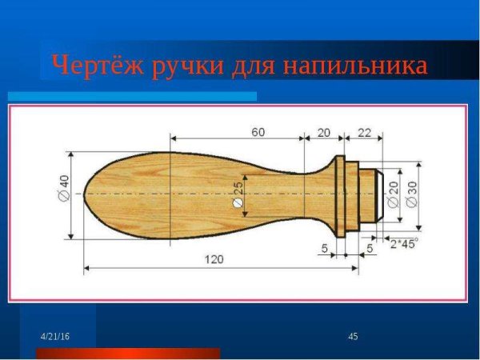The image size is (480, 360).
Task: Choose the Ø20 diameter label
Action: pos(393,194)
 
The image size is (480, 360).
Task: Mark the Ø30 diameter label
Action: pos(412,194)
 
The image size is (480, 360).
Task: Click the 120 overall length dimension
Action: pos(214,258)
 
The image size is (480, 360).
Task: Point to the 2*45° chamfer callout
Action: pos(404,242)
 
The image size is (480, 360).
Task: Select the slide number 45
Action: pos(353,334)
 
